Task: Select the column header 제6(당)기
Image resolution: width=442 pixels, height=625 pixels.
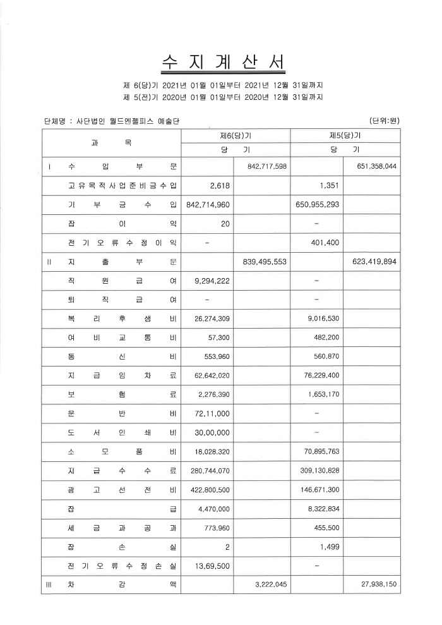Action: [236, 135]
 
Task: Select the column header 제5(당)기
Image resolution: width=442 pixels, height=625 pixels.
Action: [345, 135]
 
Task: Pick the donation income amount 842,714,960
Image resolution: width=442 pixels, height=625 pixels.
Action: [208, 205]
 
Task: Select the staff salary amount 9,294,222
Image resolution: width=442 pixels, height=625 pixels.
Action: [213, 281]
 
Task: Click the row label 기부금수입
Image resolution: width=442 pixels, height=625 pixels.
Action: [122, 205]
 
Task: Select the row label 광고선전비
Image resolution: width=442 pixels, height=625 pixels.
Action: [122, 489]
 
